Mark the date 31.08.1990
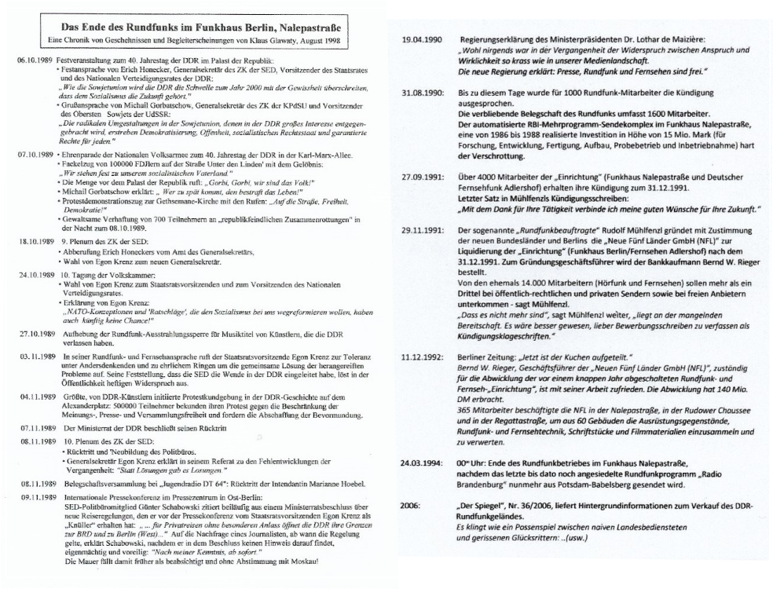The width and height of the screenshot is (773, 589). point(419,93)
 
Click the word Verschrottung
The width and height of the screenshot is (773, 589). point(486,155)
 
